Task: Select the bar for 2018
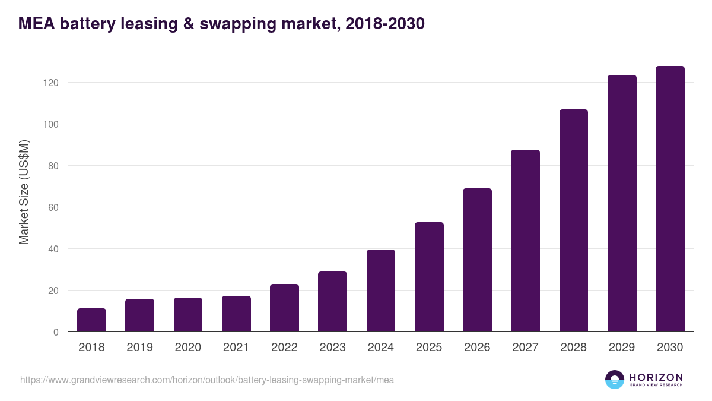[x=91, y=320]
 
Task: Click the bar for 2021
[x=236, y=314]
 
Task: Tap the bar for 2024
[x=381, y=291]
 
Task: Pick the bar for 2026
[x=477, y=260]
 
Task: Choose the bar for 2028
[x=574, y=220]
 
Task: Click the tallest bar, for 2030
[x=670, y=199]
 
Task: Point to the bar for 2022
[x=284, y=308]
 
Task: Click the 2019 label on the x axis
[x=139, y=348]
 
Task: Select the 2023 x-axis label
[x=332, y=348]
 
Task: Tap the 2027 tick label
[x=525, y=348]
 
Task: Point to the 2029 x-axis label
[x=622, y=348]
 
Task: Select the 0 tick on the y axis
[x=56, y=332]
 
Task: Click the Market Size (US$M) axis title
[x=24, y=192]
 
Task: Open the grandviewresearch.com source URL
[x=207, y=380]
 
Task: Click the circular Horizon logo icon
[x=615, y=380]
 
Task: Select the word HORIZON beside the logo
[x=656, y=377]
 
